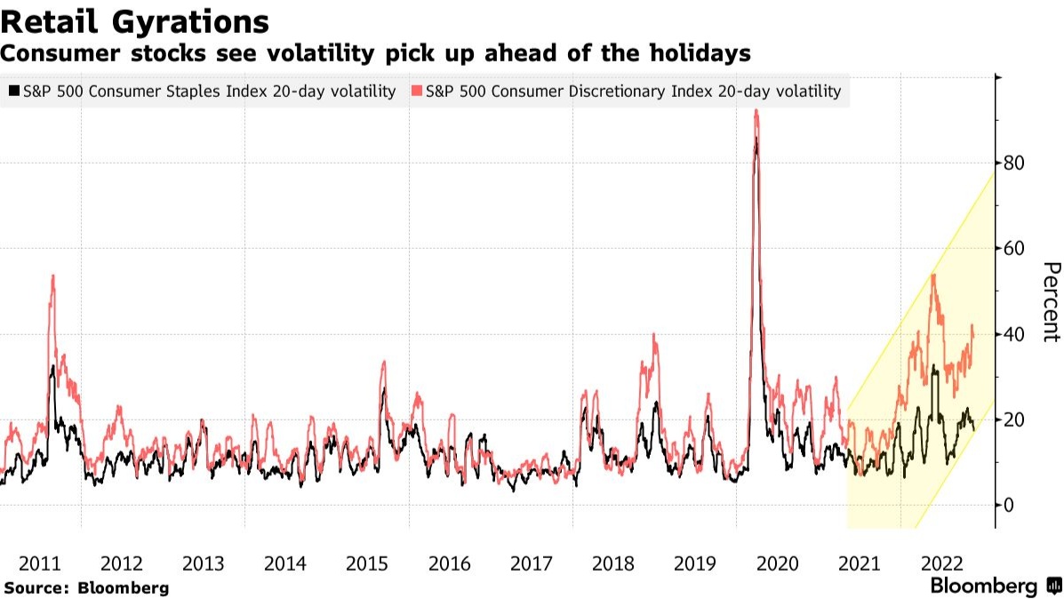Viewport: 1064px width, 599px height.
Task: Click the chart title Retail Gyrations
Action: pos(135,20)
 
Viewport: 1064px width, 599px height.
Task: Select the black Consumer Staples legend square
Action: pos(13,91)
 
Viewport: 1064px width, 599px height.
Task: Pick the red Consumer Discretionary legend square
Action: pos(418,91)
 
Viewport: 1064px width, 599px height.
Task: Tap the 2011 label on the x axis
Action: pos(40,563)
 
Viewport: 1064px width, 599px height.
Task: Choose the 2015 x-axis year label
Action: pos(367,563)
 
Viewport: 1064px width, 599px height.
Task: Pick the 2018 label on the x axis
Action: pos(612,563)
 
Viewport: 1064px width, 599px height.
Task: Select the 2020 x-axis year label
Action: pos(777,563)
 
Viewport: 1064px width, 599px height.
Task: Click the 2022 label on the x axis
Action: pos(940,563)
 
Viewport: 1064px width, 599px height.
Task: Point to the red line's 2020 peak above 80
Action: pos(756,111)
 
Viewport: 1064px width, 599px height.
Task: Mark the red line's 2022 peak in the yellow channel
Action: pos(933,275)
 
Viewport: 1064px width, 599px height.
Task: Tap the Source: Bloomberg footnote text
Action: pos(86,587)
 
